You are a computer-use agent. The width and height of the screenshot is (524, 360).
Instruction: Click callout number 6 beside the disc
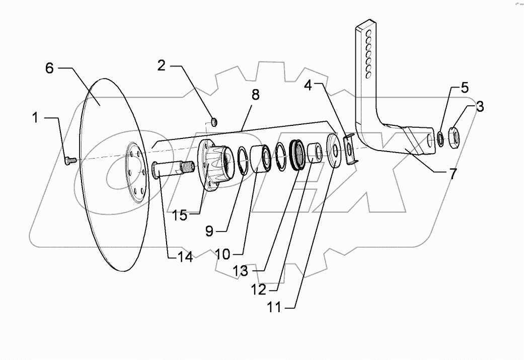click(x=49, y=68)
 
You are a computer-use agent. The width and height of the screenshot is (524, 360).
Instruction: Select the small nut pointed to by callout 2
click(x=214, y=122)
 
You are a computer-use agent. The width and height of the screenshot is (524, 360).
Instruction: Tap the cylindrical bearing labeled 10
click(x=261, y=157)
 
